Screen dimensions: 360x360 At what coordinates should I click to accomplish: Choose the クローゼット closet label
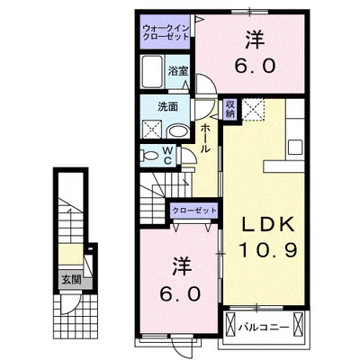(194, 210)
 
